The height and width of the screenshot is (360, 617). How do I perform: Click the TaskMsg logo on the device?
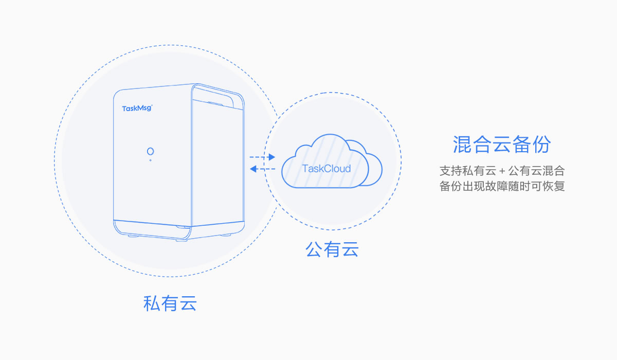[137, 108]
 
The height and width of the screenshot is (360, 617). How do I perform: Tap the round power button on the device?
[150, 151]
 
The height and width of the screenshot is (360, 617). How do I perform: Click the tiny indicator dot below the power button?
[150, 160]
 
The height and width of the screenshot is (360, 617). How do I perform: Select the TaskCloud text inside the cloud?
[326, 169]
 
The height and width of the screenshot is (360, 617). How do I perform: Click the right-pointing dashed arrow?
[262, 157]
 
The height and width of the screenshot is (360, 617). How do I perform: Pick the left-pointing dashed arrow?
[262, 169]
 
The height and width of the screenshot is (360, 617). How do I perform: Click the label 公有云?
[332, 250]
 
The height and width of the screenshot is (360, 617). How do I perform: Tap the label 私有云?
[170, 303]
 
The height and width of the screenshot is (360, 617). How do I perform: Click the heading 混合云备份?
[501, 145]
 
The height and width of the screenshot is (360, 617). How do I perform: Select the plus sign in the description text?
[502, 171]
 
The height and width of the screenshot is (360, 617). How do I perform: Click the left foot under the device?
[132, 237]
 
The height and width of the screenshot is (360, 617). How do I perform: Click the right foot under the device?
[225, 235]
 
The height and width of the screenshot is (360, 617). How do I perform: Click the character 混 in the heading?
[462, 145]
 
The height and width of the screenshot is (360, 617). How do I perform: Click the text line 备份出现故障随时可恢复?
[502, 186]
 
